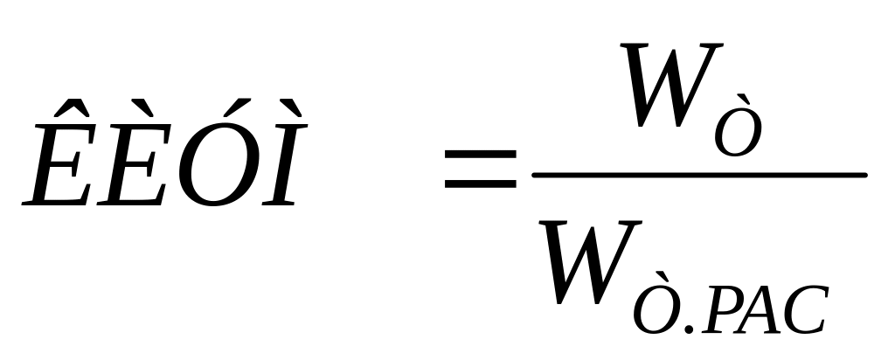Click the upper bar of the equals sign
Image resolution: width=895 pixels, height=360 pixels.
tap(480, 155)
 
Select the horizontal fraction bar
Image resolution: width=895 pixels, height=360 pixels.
tap(699, 176)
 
